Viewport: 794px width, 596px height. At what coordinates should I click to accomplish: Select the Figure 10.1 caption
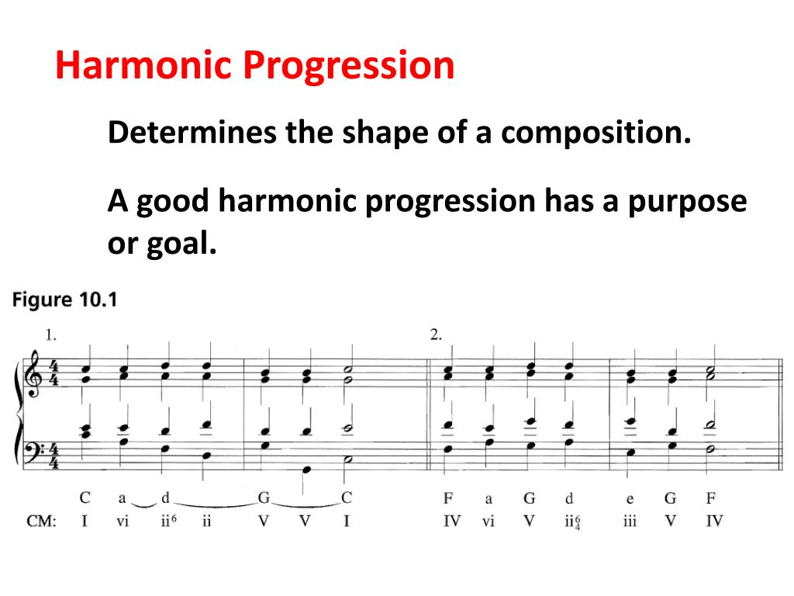pyautogui.click(x=64, y=300)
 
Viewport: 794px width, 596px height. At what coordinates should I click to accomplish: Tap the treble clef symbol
pyautogui.click(x=33, y=374)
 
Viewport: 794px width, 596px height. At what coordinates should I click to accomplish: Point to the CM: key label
pyautogui.click(x=41, y=521)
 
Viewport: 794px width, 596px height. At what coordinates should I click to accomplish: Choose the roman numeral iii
pyautogui.click(x=629, y=521)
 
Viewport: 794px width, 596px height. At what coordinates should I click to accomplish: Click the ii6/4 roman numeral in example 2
pyautogui.click(x=572, y=521)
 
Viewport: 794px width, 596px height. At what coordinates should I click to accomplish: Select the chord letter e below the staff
pyautogui.click(x=629, y=497)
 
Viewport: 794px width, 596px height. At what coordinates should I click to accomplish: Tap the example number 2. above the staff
pyautogui.click(x=437, y=335)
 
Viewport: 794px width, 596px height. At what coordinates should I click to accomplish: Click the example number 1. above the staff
pyautogui.click(x=51, y=335)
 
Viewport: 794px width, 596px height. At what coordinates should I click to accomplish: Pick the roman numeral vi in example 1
pyautogui.click(x=123, y=521)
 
